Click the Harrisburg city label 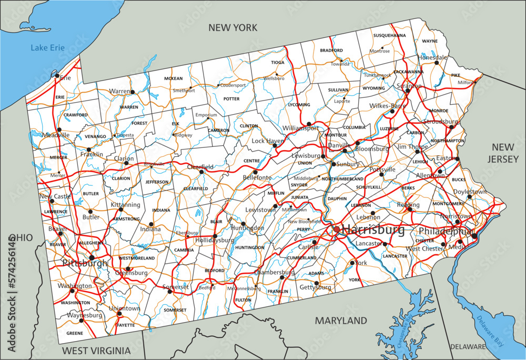(373, 230)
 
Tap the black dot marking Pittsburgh (92, 257)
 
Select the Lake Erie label (47, 48)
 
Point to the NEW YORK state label (232, 28)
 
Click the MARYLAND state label (341, 320)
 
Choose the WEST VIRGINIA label (96, 351)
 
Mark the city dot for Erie (57, 75)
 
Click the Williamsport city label (300, 128)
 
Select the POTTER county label (231, 98)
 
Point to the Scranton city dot (408, 91)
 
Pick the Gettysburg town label (316, 288)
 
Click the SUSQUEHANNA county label (389, 35)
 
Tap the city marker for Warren (133, 92)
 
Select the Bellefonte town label (257, 178)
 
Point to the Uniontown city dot (119, 314)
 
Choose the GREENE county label (75, 333)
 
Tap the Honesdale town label (432, 57)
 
